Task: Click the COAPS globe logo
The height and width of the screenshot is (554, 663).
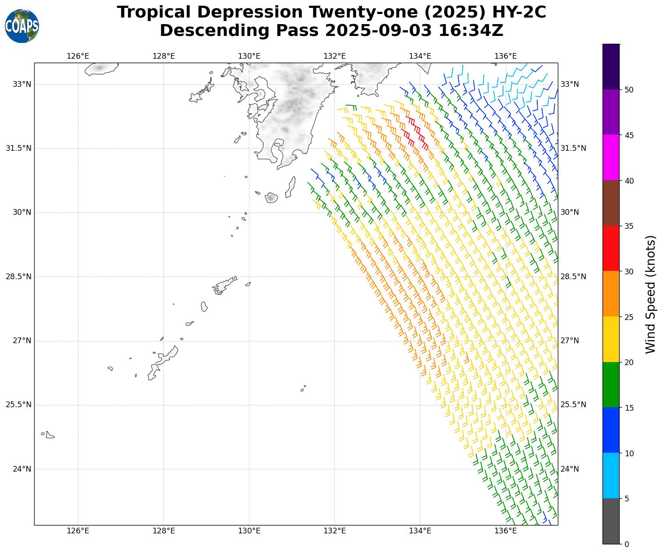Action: [22, 26]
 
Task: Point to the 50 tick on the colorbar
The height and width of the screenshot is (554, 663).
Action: [628, 90]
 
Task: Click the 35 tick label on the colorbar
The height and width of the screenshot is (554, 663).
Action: [628, 226]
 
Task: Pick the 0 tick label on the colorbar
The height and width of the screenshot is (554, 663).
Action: [626, 544]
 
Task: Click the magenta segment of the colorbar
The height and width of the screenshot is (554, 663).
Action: [611, 157]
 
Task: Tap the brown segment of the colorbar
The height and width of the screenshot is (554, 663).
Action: [611, 203]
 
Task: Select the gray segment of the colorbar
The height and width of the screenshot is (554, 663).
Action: [611, 521]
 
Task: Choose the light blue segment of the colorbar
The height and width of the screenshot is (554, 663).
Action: [611, 476]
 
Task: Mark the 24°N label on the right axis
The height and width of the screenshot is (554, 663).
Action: [570, 469]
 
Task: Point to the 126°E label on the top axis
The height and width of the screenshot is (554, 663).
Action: [78, 56]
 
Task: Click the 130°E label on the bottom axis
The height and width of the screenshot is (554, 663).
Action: [249, 531]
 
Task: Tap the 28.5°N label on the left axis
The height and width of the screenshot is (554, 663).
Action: [18, 277]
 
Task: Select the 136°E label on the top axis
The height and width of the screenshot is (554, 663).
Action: [506, 56]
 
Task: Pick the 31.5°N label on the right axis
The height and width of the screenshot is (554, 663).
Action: [573, 148]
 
